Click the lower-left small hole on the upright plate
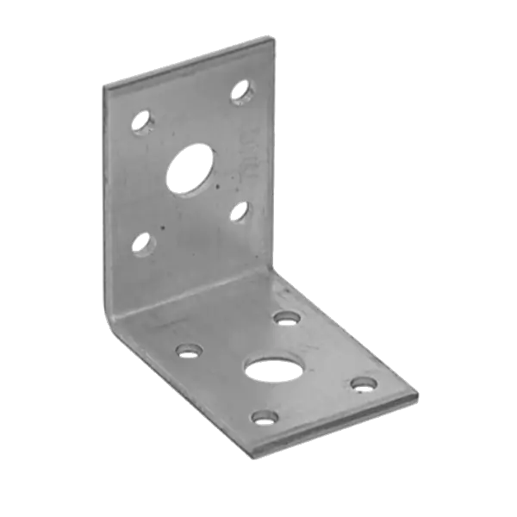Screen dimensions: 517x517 141,245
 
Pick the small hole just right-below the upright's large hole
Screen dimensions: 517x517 240,210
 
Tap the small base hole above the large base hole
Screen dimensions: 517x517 286,318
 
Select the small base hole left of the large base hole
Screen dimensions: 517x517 187,351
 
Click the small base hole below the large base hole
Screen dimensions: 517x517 261,419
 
